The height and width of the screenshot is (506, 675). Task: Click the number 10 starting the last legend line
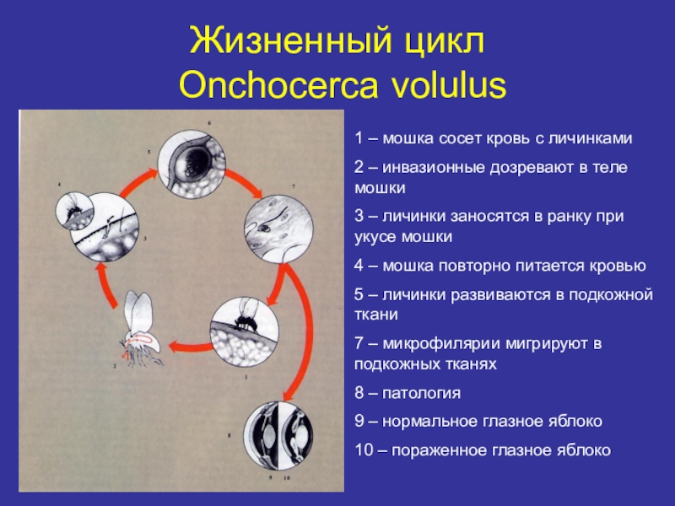pyautogui.click(x=363, y=450)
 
